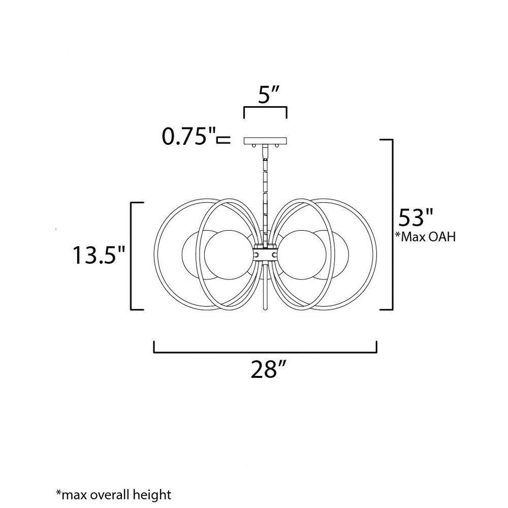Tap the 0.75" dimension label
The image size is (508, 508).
pyautogui.click(x=189, y=136)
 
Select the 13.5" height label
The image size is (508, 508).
pyautogui.click(x=99, y=255)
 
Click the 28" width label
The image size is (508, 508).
pyautogui.click(x=269, y=369)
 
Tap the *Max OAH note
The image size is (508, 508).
pyautogui.click(x=425, y=237)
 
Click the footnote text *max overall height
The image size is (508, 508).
pyautogui.click(x=113, y=495)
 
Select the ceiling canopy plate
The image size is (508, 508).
pyautogui.click(x=265, y=141)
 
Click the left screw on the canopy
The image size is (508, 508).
pyautogui.click(x=254, y=146)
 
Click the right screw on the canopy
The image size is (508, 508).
pyautogui.click(x=277, y=146)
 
